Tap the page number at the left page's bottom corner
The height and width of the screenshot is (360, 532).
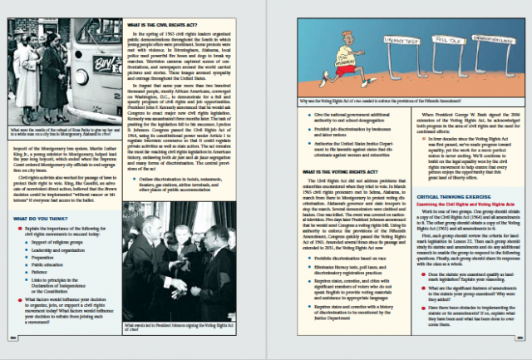click(x=12, y=338)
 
